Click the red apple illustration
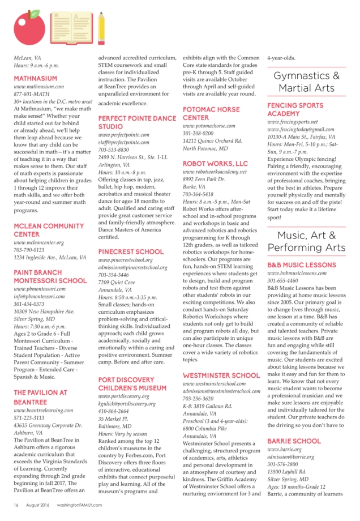pyautogui.click(x=26, y=29)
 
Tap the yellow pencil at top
pyautogui.click(x=101, y=27)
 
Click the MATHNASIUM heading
pyautogui.click(x=35, y=78)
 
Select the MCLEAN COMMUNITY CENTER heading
pyautogui.click(x=48, y=230)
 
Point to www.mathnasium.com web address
pyautogui.click(x=38, y=87)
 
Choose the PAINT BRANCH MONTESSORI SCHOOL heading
pyautogui.click(x=50, y=276)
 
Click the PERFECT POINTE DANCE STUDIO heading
pyautogui.click(x=137, y=122)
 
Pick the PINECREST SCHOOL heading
pyautogui.click(x=131, y=251)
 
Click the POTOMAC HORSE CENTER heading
pyautogui.click(x=211, y=113)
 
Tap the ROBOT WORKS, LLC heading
pyautogui.click(x=215, y=163)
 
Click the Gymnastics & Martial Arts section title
pyautogui.click(x=306, y=82)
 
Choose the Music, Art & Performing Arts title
pyautogui.click(x=306, y=242)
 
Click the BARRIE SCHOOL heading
pyautogui.click(x=294, y=441)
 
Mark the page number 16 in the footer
pyautogui.click(x=16, y=505)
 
